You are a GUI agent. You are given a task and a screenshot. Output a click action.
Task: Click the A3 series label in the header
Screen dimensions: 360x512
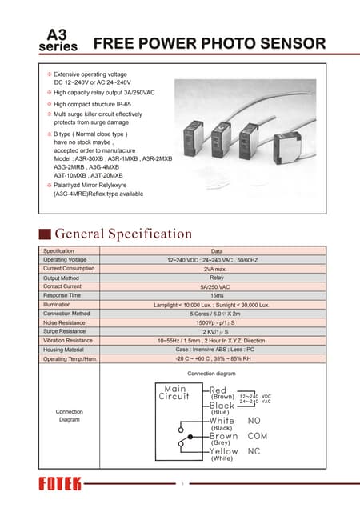58,40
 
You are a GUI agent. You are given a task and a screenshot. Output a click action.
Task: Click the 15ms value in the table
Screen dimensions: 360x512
217,295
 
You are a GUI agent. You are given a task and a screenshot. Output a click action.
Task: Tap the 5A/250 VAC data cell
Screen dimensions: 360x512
217,286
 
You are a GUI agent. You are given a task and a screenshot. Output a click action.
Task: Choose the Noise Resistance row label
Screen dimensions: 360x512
66,322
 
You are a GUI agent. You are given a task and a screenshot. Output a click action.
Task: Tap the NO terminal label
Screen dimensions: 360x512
254,420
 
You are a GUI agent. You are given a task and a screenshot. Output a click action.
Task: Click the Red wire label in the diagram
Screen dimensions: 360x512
218,390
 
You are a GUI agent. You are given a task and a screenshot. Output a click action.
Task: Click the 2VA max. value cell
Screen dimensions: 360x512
217,269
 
